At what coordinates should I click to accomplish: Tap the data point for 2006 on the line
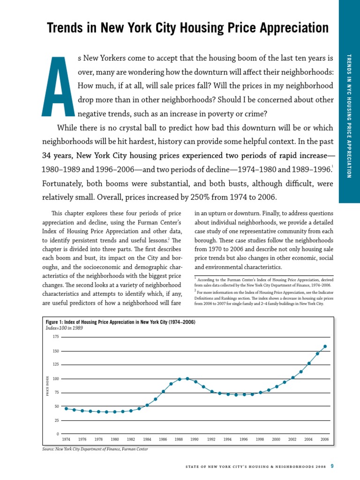point(325,347)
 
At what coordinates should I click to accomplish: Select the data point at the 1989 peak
point(187,378)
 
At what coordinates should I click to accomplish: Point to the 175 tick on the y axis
point(56,337)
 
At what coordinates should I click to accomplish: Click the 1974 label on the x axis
point(66,440)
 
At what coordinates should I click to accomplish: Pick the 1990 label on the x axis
point(195,440)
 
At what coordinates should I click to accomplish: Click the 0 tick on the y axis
point(57,434)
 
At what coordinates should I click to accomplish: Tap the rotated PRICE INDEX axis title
point(47,385)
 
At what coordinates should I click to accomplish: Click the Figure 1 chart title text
point(120,322)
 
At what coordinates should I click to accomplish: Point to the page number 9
point(332,466)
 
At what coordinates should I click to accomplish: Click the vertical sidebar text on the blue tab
point(349,116)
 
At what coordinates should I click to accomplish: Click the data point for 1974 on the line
point(66,409)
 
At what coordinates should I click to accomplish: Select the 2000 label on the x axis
point(276,440)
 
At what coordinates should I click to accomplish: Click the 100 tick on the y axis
point(56,379)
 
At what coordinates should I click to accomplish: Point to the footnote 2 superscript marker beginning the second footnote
point(195,291)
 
